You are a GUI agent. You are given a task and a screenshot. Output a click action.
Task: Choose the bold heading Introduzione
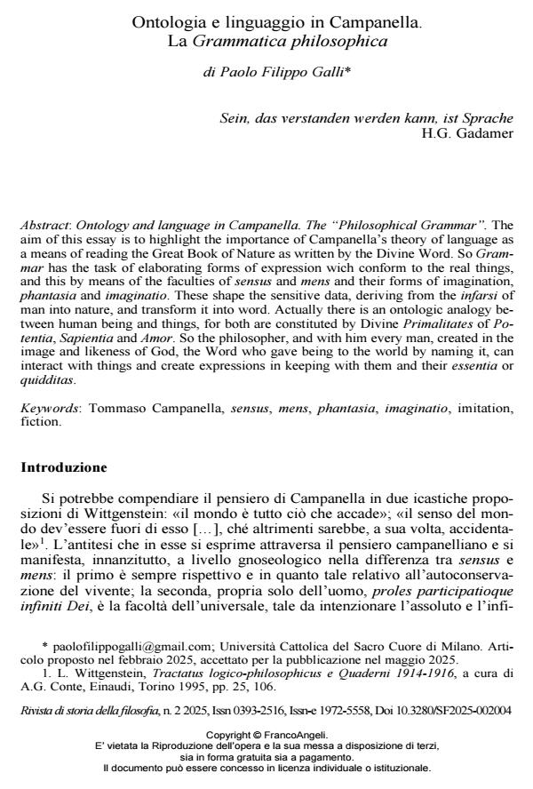(x=64, y=466)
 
